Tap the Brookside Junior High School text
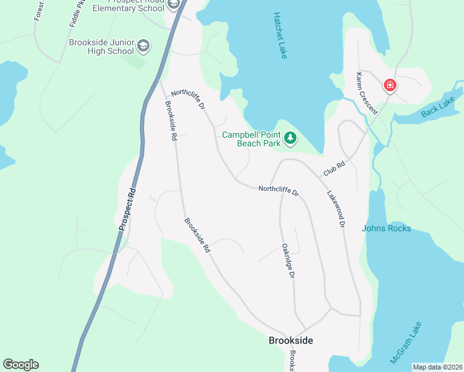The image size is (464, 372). [x=102, y=46]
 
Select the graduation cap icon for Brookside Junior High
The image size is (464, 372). [x=144, y=45]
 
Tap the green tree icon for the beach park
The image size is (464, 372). [x=290, y=138]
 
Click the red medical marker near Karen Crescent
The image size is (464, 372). [x=390, y=85]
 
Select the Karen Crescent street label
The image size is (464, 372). [x=367, y=93]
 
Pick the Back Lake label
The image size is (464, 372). [x=438, y=106]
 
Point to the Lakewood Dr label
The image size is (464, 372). [x=336, y=208]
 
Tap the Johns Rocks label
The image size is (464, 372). [x=386, y=228]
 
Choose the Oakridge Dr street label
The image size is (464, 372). [x=287, y=260]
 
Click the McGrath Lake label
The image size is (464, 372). [x=406, y=342]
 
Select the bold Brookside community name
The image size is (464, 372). [x=291, y=340]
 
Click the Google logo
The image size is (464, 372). [x=20, y=365]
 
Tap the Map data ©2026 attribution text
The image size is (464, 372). [x=437, y=367]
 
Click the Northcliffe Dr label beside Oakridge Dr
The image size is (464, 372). [x=279, y=192]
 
